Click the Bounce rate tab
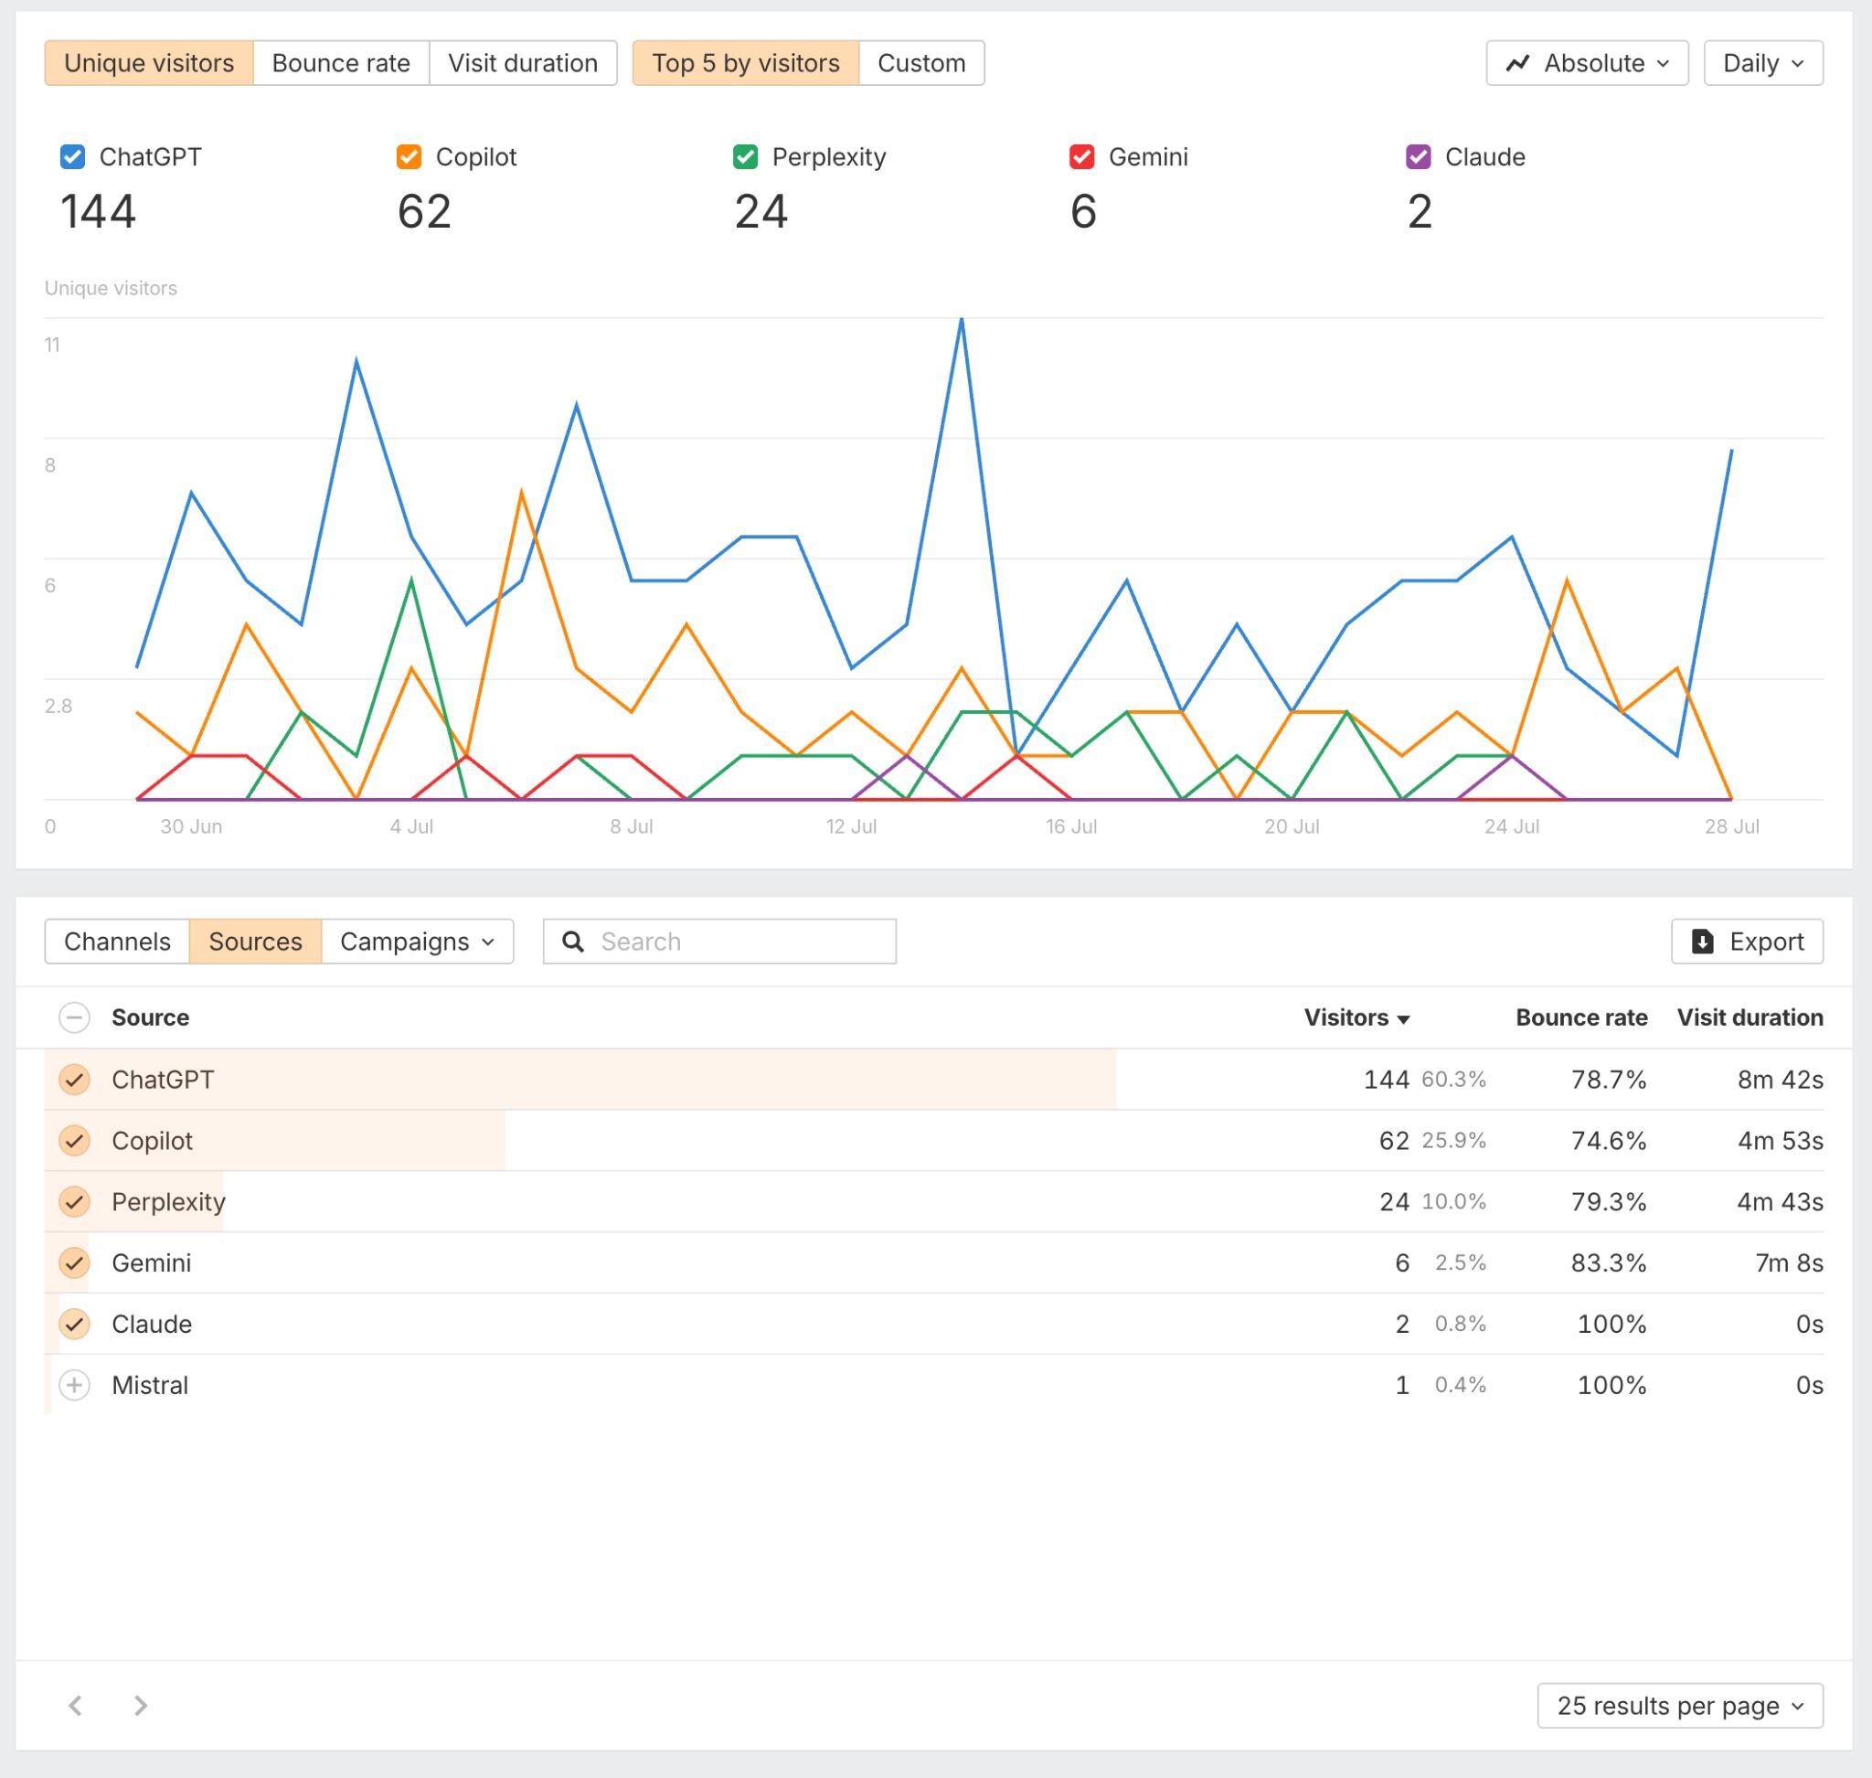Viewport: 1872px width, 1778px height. pyautogui.click(x=340, y=63)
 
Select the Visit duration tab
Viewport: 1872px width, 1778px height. pyautogui.click(x=522, y=63)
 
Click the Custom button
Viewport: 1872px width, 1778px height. pyautogui.click(x=920, y=63)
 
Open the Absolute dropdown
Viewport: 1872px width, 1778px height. pyautogui.click(x=1587, y=63)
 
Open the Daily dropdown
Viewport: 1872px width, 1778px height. pyautogui.click(x=1762, y=63)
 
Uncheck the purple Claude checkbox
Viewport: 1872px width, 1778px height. pyautogui.click(x=1418, y=157)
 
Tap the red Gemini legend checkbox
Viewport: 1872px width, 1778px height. pyautogui.click(x=1081, y=157)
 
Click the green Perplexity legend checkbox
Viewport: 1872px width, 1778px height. pyautogui.click(x=745, y=157)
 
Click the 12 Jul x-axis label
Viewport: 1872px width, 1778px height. pyautogui.click(x=851, y=826)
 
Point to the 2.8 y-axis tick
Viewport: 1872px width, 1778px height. pyautogui.click(x=58, y=706)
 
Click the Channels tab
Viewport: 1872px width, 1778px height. pyautogui.click(x=118, y=942)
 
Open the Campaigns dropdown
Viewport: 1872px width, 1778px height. pyautogui.click(x=417, y=942)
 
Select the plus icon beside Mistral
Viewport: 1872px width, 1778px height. pyautogui.click(x=74, y=1385)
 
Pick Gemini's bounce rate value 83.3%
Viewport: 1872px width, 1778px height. pyautogui.click(x=1608, y=1262)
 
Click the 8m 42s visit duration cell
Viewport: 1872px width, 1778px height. pyautogui.click(x=1779, y=1080)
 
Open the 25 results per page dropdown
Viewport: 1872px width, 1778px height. pyautogui.click(x=1678, y=1706)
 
